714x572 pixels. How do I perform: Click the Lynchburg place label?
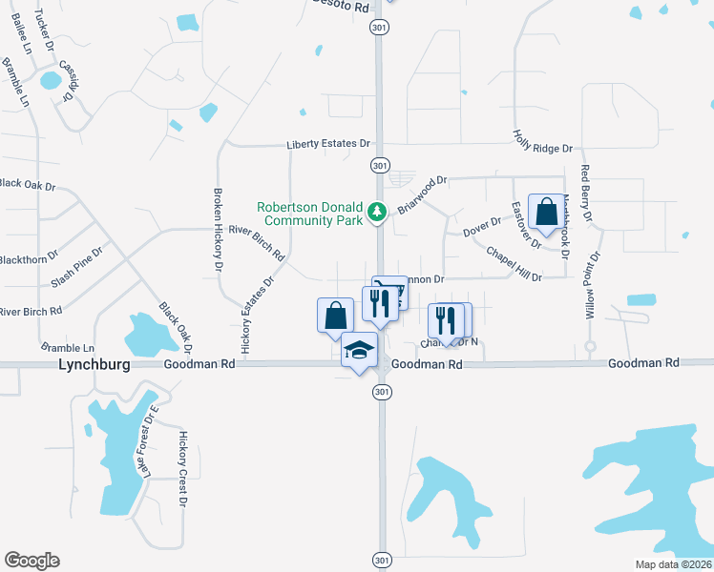click(x=94, y=364)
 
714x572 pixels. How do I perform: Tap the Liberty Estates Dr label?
click(x=328, y=144)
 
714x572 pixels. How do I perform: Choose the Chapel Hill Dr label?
click(x=514, y=264)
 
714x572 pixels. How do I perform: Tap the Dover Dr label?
click(x=481, y=229)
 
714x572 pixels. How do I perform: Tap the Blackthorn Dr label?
click(x=30, y=258)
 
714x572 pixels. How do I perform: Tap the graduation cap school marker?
click(x=359, y=351)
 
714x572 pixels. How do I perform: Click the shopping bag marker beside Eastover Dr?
click(x=546, y=213)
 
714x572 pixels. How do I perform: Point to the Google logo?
click(x=31, y=561)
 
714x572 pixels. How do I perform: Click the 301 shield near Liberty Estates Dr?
click(x=381, y=165)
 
